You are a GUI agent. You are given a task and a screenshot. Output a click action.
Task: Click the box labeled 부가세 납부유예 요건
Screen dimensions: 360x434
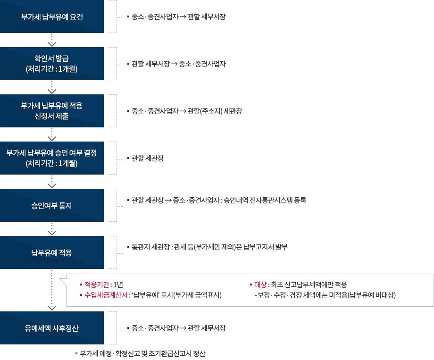(52, 17)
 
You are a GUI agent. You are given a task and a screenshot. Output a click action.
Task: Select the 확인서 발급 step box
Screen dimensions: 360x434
(52, 64)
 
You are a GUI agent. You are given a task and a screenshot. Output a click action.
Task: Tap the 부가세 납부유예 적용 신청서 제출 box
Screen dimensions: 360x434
(52, 111)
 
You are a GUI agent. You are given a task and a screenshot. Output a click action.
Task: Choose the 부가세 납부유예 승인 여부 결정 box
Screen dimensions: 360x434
(52, 158)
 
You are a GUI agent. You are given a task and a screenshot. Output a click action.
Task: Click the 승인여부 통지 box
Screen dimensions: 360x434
(52, 205)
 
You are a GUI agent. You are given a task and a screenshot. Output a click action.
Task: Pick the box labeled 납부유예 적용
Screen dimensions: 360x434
(52, 252)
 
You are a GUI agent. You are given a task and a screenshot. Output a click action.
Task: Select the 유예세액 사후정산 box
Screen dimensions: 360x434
(52, 328)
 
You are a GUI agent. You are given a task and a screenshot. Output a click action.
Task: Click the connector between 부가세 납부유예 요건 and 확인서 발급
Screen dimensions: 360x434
(52, 40)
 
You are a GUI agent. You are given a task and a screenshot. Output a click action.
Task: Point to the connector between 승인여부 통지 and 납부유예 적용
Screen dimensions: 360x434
(52, 229)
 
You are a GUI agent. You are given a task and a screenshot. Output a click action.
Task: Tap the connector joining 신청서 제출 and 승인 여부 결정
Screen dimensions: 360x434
(52, 134)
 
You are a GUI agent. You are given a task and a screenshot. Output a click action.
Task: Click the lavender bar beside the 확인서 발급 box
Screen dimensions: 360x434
(116, 64)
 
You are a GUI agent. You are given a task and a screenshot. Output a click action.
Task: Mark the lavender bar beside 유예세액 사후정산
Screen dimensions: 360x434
(116, 328)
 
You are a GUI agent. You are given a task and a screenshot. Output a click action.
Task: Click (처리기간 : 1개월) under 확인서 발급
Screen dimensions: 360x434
(52, 69)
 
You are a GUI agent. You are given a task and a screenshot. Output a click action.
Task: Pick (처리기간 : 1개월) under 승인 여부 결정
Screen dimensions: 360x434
(52, 163)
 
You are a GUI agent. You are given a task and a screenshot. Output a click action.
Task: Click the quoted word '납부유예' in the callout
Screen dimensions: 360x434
(146, 295)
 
